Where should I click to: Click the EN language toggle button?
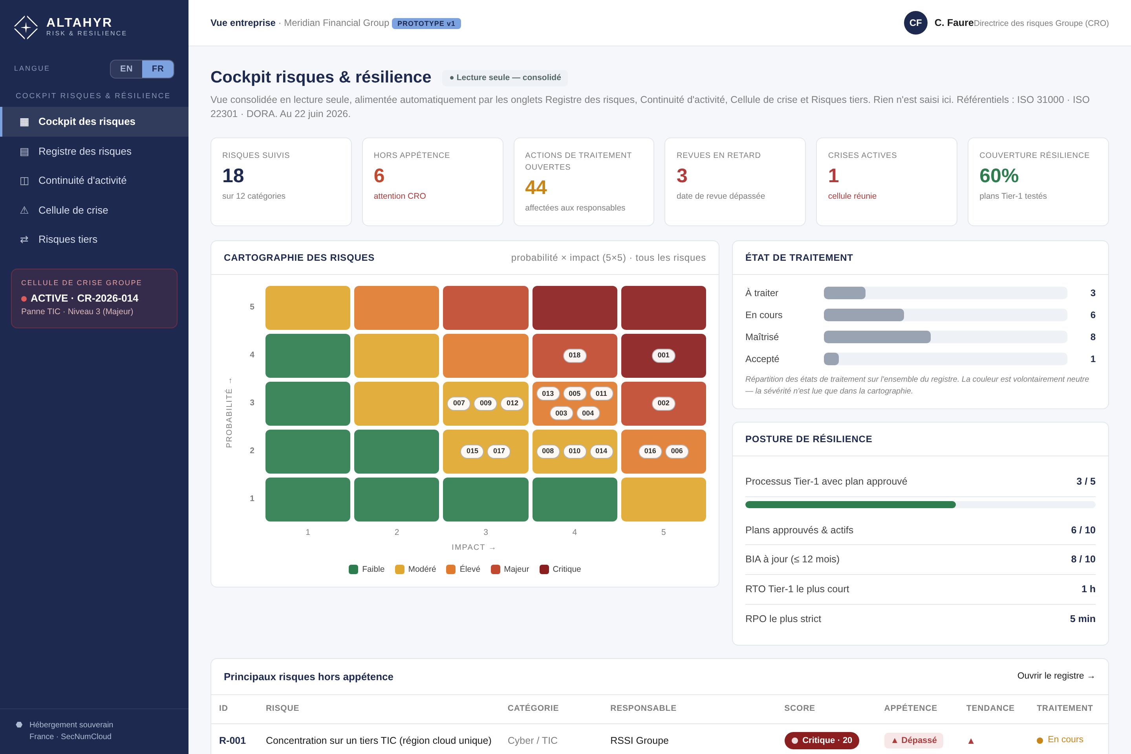pos(126,69)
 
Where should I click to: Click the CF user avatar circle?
pos(915,23)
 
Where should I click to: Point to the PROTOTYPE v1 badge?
pos(426,24)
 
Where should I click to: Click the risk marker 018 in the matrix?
pos(575,355)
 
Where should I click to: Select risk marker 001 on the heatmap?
pos(664,355)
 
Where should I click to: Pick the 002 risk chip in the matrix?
pos(664,403)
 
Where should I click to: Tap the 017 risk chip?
pos(499,451)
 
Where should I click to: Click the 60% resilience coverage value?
pos(999,176)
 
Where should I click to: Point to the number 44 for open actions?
pos(536,188)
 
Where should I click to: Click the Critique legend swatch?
pos(544,569)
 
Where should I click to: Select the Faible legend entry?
pos(366,569)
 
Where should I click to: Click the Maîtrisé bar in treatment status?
pos(877,337)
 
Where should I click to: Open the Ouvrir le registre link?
pos(1056,676)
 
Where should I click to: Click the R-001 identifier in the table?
pos(232,741)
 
